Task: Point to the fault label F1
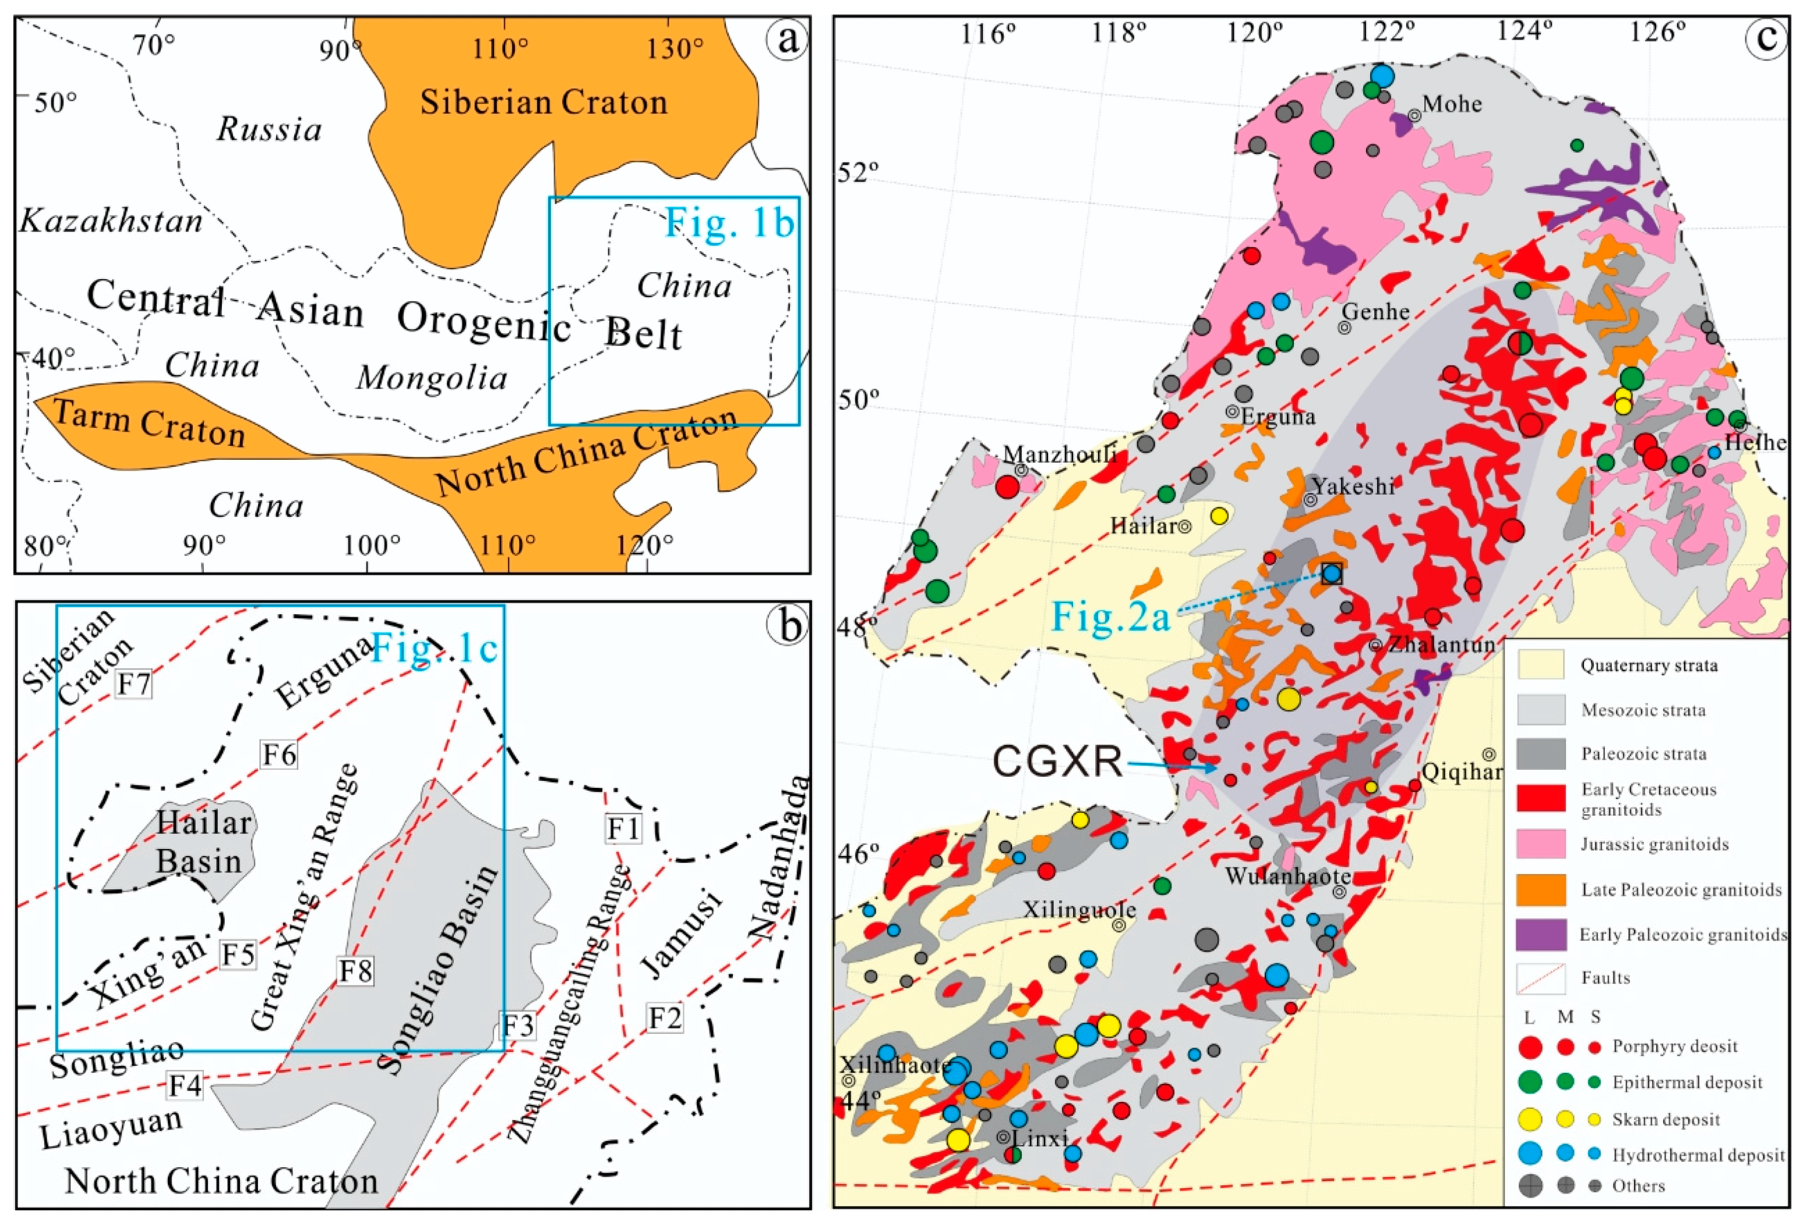623,829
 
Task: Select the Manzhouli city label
1059,454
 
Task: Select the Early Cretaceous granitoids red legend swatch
1540,798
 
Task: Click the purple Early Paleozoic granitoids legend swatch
1540,934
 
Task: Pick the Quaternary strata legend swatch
1540,665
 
